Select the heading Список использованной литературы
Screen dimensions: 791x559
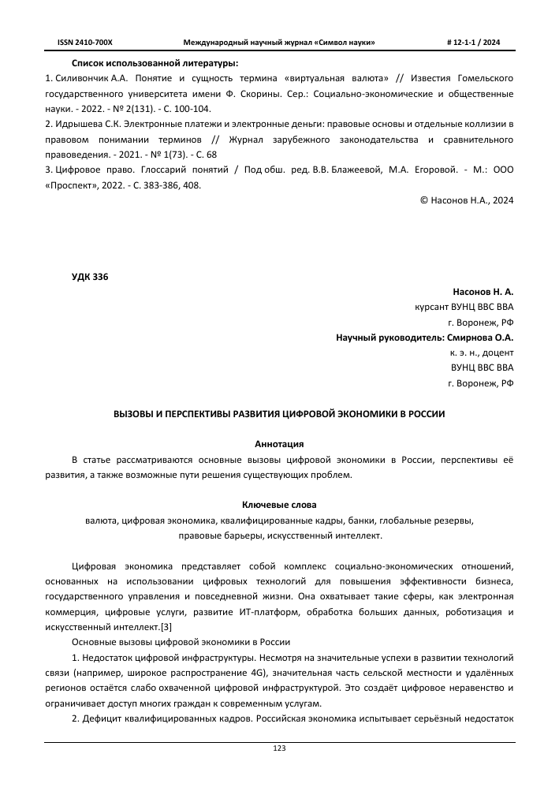coord(155,62)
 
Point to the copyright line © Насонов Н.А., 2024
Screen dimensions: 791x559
coord(467,200)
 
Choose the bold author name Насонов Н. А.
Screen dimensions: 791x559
coord(483,292)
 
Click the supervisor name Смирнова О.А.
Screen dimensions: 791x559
coord(481,338)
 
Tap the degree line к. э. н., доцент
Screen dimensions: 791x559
coord(481,353)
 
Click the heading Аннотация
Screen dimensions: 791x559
coord(279,443)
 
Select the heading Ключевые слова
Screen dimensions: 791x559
coord(279,504)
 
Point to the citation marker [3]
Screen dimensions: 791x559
coord(166,627)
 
